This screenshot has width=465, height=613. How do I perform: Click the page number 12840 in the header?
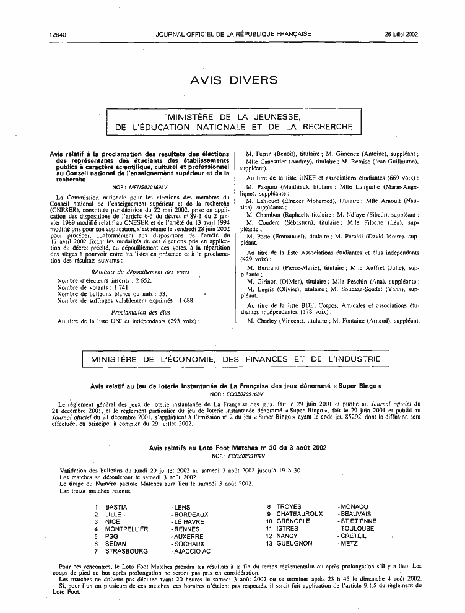click(x=57, y=34)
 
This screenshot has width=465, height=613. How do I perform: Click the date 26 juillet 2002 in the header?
click(x=402, y=34)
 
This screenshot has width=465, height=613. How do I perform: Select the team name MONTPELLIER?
click(x=126, y=529)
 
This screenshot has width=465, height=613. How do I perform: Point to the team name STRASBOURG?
click(x=126, y=550)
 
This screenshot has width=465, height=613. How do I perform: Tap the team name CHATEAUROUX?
click(x=299, y=514)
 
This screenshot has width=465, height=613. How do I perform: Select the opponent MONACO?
click(x=353, y=506)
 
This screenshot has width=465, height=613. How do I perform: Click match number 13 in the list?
click(x=269, y=543)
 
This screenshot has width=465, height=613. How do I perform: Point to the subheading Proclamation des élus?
click(x=142, y=312)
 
